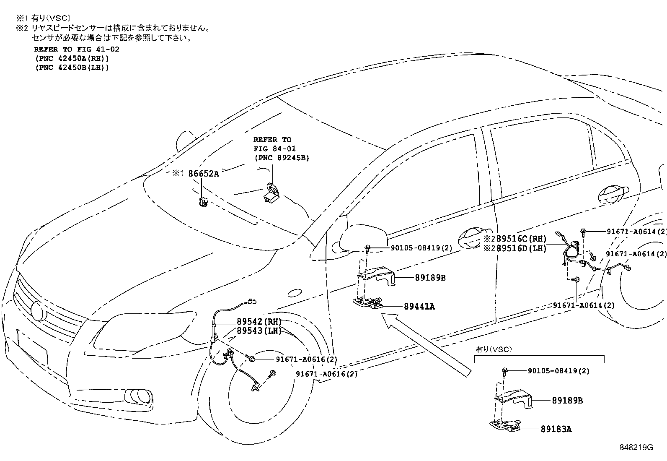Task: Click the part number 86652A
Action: [203, 174]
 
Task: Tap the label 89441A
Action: [419, 306]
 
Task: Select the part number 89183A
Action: [556, 429]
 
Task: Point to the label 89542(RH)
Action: [259, 321]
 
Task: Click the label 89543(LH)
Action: [259, 331]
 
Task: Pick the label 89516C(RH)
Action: [521, 239]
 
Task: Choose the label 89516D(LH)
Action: [521, 248]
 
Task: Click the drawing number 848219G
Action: [636, 448]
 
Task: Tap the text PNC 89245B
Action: [282, 158]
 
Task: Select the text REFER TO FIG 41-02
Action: [77, 49]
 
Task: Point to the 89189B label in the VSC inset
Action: [567, 400]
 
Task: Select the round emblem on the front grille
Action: [39, 311]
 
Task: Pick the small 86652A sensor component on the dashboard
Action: [203, 202]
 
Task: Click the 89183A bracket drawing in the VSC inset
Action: [505, 425]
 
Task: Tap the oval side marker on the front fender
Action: [295, 293]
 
